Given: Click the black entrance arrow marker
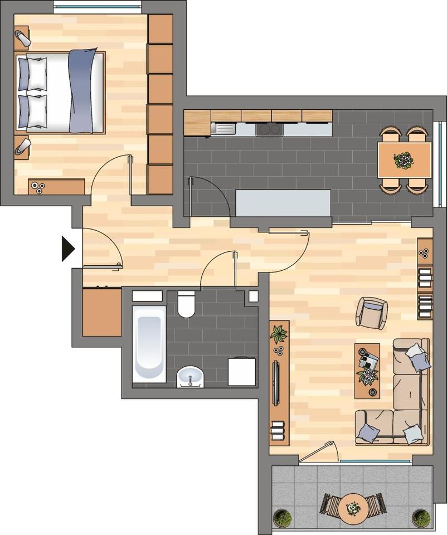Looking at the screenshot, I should point(67,249).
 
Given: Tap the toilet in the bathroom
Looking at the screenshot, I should point(186,304).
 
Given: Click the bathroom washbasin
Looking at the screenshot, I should point(191,377).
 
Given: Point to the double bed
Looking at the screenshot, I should point(60,92).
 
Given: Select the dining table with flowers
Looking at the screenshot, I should point(404,160).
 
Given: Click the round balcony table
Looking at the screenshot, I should point(352,508).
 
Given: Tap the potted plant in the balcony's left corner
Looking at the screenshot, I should point(283,518).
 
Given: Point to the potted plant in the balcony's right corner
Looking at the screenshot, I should point(421,518).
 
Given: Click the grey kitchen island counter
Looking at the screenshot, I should point(284,203).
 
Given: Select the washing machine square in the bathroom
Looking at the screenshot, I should point(242,372).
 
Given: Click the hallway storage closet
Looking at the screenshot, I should point(102,312).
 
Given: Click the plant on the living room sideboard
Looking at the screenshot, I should point(279,334).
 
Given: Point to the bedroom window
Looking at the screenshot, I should point(98,7).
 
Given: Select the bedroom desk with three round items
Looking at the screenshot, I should point(56,187).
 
